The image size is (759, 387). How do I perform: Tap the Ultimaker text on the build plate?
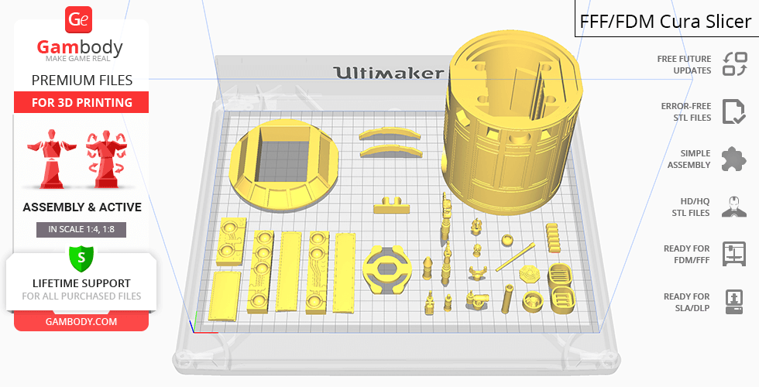(x=388, y=74)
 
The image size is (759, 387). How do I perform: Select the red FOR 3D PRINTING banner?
(x=81, y=102)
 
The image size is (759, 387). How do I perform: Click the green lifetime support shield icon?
(x=81, y=257)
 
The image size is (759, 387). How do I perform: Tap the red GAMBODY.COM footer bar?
(x=81, y=321)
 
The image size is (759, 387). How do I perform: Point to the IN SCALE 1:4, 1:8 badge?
(x=81, y=229)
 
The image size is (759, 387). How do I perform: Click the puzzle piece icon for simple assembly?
(x=733, y=159)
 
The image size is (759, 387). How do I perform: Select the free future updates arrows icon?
(x=733, y=63)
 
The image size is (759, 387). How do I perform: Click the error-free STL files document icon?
(x=733, y=111)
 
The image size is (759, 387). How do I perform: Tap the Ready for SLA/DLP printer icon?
(x=733, y=301)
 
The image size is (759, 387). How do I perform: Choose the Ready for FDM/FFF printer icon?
(x=733, y=253)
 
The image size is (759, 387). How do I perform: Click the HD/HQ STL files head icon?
(x=733, y=207)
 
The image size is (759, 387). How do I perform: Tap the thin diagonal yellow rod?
(x=516, y=257)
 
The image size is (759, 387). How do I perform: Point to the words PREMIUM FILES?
(x=81, y=80)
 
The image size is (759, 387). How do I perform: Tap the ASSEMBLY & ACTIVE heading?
(x=81, y=207)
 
